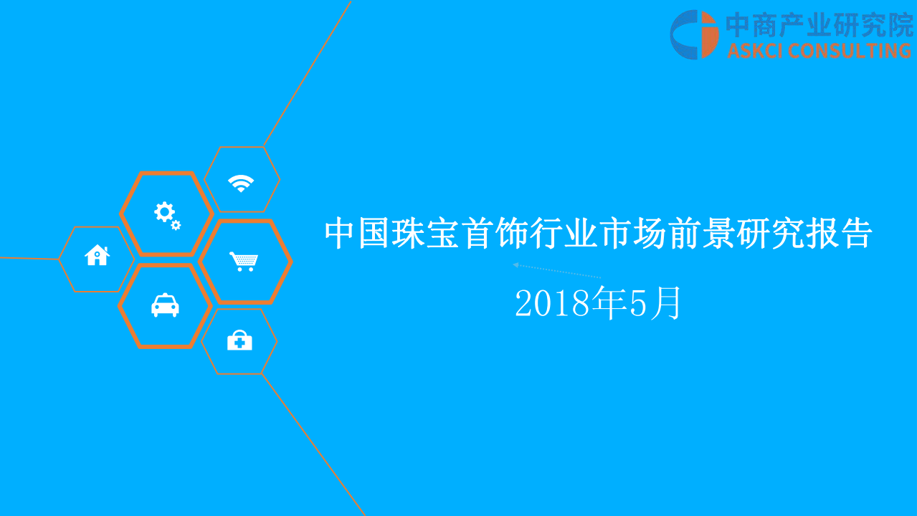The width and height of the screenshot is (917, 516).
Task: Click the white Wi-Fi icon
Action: (x=241, y=183)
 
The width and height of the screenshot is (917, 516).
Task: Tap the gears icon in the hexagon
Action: (x=166, y=214)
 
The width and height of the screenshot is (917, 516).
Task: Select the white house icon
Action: (x=97, y=255)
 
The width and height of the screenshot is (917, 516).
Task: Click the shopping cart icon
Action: (x=243, y=261)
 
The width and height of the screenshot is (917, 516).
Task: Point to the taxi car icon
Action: (x=165, y=306)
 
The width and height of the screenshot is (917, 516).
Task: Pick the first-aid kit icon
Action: (x=239, y=341)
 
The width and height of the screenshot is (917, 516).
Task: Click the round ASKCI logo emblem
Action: (x=694, y=34)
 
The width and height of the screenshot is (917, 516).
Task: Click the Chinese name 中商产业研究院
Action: (x=819, y=25)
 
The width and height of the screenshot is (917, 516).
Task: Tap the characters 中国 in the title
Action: (x=358, y=234)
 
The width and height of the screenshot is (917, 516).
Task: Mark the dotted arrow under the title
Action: (x=556, y=271)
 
